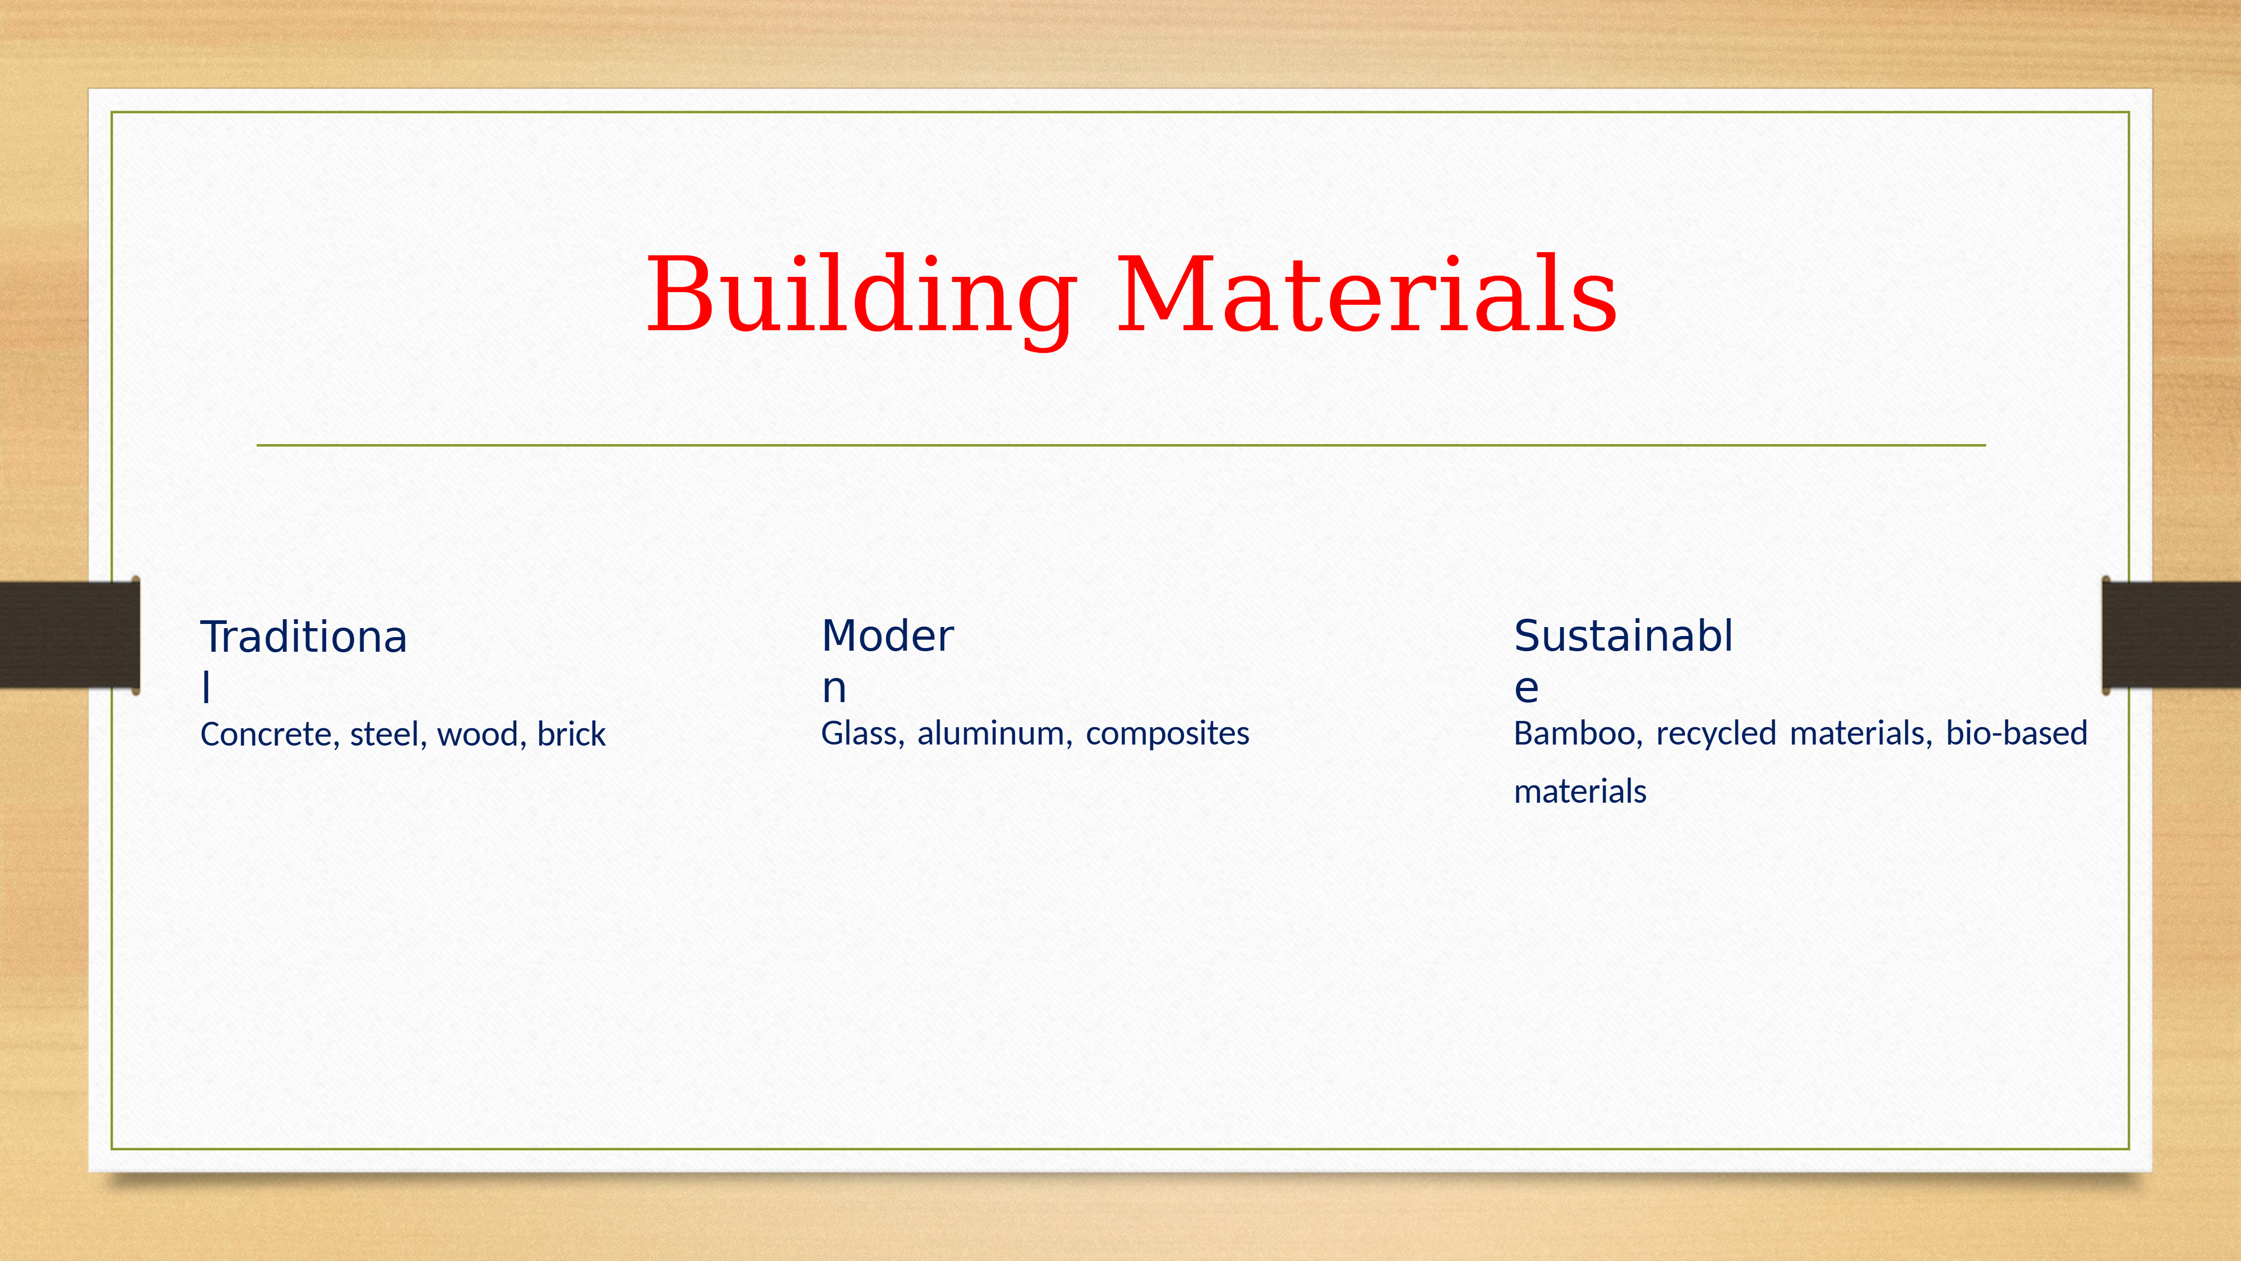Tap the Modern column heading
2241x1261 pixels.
pos(887,660)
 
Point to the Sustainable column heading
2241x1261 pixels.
pos(1623,660)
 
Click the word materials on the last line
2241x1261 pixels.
pos(1580,792)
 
